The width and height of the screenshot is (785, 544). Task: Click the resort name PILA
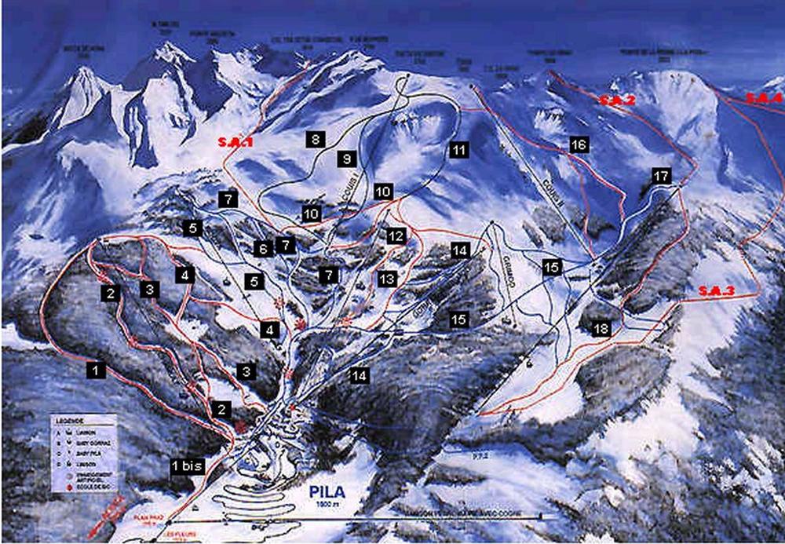[327, 492]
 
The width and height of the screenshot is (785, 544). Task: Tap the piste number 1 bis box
[187, 466]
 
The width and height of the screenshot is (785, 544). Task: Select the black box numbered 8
[315, 141]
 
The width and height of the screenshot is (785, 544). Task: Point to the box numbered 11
[458, 149]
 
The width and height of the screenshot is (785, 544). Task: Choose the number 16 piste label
[579, 145]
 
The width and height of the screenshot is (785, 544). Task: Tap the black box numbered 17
[661, 176]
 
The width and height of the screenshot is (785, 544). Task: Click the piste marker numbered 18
[601, 330]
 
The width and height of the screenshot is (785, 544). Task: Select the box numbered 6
[264, 248]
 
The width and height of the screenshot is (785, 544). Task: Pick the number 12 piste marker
[395, 235]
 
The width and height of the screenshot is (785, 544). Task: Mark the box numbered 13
[385, 279]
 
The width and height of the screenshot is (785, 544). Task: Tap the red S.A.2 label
[616, 100]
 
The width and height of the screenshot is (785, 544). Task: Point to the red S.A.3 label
[715, 291]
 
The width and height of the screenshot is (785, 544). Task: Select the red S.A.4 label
[763, 99]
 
